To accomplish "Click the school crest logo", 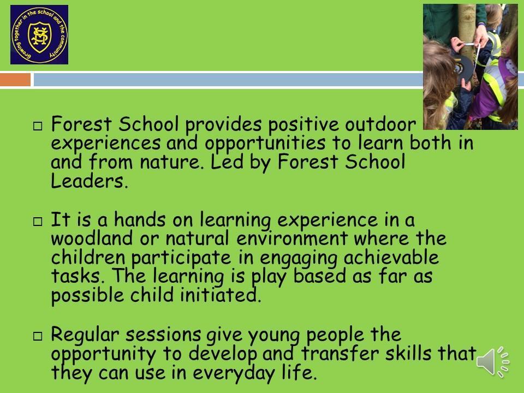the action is point(39,34).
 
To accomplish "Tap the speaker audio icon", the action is point(492,362).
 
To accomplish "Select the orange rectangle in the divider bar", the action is point(15,80).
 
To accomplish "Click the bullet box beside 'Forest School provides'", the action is point(38,126).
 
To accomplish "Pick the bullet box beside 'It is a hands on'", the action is point(38,222).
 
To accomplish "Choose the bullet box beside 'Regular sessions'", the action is point(38,336).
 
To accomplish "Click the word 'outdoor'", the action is point(380,124).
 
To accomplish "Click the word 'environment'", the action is point(292,239).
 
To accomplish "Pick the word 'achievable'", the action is point(391,258).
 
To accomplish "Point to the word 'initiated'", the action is point(218,295).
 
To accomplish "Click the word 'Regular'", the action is point(85,335).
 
